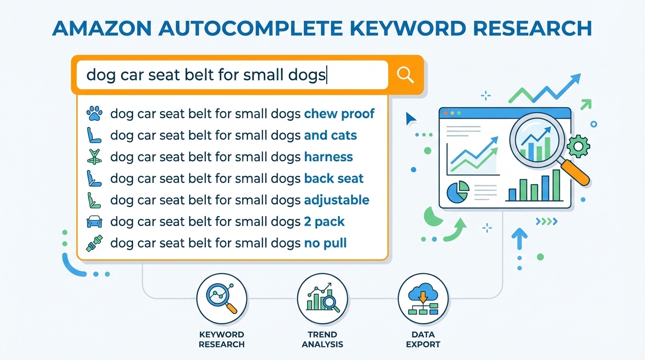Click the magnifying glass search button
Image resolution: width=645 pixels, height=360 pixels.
(x=405, y=75)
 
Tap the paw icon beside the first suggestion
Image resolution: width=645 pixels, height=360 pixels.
(x=94, y=113)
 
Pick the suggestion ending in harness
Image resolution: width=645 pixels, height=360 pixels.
(x=232, y=157)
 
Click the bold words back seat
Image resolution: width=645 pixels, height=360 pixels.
(x=334, y=178)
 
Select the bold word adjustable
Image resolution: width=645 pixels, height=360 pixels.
(x=337, y=200)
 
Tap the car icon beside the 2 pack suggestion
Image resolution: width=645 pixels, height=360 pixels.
(x=94, y=222)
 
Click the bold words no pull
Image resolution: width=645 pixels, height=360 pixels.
(x=325, y=243)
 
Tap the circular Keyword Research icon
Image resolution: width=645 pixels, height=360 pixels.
(x=221, y=298)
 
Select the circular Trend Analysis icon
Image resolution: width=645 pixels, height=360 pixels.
(x=322, y=298)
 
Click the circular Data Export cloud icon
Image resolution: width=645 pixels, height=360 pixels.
(x=423, y=298)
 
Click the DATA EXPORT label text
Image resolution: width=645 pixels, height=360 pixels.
(x=423, y=339)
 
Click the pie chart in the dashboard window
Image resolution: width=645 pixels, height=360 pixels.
(x=458, y=192)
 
